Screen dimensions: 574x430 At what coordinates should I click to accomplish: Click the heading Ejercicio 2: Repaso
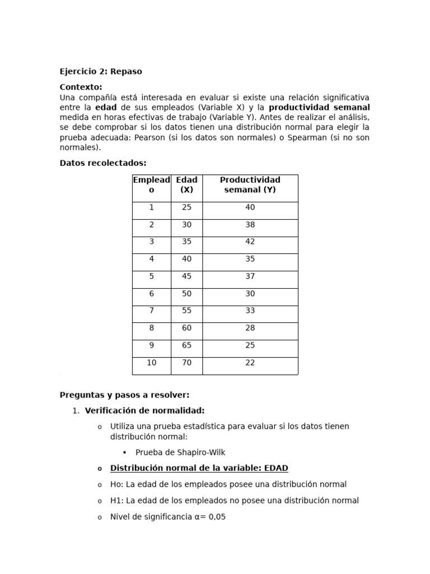coord(101,71)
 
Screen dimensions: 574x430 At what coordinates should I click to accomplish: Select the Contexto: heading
coord(81,87)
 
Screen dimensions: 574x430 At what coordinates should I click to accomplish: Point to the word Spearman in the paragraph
coord(308,137)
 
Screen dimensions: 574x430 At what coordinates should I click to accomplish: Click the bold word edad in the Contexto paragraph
coord(106,107)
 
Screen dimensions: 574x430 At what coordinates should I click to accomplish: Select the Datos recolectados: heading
coord(102,163)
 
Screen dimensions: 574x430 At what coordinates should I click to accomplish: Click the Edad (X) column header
coord(186,185)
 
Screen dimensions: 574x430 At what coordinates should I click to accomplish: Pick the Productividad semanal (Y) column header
coord(250,185)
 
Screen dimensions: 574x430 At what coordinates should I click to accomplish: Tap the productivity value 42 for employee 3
coord(250,242)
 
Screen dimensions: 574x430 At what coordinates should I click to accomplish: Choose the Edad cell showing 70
coord(186,363)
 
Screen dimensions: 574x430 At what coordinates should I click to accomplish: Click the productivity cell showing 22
coord(250,363)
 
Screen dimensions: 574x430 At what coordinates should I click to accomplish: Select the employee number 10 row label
coord(151,363)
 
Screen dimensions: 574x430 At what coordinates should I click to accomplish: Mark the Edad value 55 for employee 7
coord(186,311)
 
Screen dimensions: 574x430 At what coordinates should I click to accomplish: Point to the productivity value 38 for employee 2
coord(250,224)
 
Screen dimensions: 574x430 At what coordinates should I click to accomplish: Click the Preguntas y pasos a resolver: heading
coord(124,395)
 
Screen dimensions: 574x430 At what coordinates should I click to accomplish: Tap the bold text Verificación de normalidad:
coord(144,410)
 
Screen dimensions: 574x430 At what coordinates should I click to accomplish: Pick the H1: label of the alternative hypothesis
coord(116,501)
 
